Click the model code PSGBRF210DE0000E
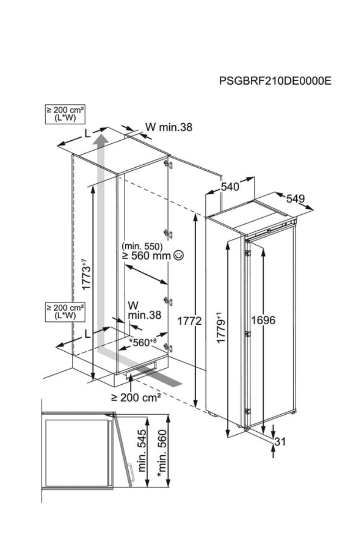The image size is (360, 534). point(275,81)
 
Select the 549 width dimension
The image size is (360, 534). point(295,199)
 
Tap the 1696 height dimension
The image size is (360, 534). point(263,320)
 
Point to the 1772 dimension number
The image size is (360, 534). point(189,321)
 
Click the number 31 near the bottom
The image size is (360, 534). point(280,442)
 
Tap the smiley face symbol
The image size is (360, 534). point(179,256)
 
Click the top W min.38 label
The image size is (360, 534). point(168,127)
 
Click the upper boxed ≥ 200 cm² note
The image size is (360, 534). point(65,114)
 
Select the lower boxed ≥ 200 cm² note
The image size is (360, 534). point(65,311)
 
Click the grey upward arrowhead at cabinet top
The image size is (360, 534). point(101,139)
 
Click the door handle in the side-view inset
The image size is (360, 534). point(131,473)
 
